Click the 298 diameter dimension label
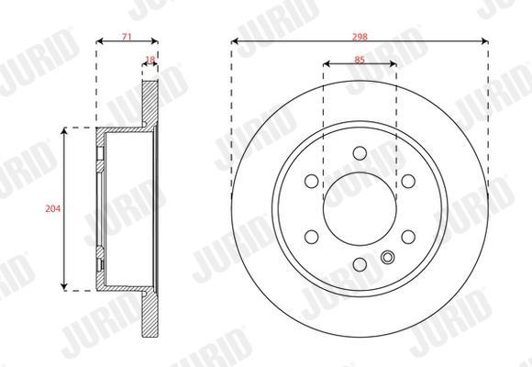pos(360,37)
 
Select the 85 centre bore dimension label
pos(360,60)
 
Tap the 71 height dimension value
pos(127,37)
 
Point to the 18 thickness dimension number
pos(150,60)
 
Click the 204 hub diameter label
pos(53,208)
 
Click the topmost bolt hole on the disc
pos(360,153)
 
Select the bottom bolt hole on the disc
pos(360,264)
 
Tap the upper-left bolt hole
pos(312,181)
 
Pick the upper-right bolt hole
pos(408,181)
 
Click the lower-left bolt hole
pos(312,237)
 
